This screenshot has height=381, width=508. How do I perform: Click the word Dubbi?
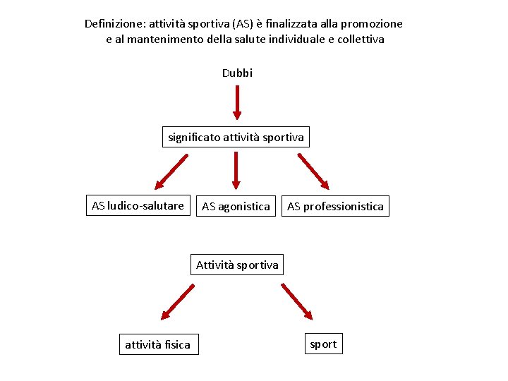coord(237,73)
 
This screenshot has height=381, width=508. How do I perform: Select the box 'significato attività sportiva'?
coord(236,137)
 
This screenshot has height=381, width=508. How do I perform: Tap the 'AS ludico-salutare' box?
coord(138,206)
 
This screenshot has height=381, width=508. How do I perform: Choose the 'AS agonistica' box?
coord(236,207)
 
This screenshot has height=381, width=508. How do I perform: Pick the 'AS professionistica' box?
coord(335,207)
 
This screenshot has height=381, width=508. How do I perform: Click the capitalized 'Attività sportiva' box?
coord(237,265)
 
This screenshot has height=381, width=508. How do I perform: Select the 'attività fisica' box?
coord(158,344)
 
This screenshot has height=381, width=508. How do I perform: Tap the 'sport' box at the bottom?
coord(323,344)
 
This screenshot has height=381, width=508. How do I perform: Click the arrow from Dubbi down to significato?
coord(237,102)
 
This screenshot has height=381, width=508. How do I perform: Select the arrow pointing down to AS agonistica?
coord(236,171)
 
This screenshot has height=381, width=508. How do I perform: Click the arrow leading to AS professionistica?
coord(313,171)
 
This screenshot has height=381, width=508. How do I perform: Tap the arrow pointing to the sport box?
coord(296,301)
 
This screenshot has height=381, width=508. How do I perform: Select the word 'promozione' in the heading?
coord(373,23)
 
